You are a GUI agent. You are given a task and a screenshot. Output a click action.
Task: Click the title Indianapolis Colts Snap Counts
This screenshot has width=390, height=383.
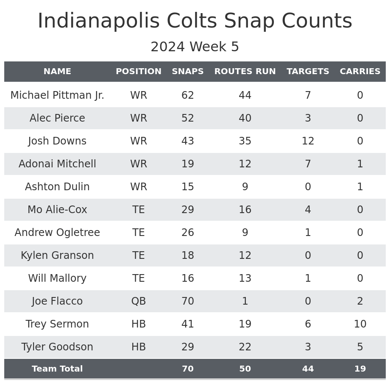click(x=195, y=21)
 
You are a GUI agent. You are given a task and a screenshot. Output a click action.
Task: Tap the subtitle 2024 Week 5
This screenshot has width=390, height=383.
click(x=195, y=47)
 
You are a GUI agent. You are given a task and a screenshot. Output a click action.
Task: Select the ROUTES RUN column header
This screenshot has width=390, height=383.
click(x=245, y=72)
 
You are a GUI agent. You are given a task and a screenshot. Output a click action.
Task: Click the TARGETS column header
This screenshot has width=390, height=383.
click(x=308, y=72)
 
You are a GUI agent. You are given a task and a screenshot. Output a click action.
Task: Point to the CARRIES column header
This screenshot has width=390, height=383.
click(x=360, y=72)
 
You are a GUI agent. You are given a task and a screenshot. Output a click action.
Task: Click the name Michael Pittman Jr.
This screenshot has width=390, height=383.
click(x=57, y=95)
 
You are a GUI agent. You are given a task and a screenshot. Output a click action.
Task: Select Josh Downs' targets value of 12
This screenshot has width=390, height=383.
click(x=308, y=141)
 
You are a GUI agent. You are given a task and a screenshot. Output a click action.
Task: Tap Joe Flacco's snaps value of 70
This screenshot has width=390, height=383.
click(x=187, y=301)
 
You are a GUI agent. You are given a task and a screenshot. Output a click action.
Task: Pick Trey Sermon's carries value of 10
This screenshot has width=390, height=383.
click(x=360, y=324)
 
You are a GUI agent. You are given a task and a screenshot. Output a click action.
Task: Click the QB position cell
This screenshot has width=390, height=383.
click(x=139, y=301)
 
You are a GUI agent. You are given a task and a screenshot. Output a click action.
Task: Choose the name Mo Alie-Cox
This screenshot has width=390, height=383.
click(x=57, y=210)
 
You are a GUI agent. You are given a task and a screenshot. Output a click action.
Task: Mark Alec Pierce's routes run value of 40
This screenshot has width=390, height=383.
click(x=245, y=118)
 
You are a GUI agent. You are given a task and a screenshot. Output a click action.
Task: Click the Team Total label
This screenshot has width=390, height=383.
click(x=57, y=369)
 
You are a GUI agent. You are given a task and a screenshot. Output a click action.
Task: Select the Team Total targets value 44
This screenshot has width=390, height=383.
click(x=308, y=369)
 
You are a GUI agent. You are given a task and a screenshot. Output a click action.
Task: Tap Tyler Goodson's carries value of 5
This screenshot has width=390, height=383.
click(x=360, y=347)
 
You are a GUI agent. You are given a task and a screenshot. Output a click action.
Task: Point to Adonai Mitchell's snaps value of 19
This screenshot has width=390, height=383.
click(x=187, y=164)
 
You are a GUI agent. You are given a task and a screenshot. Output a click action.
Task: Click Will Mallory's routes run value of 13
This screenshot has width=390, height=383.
click(x=245, y=278)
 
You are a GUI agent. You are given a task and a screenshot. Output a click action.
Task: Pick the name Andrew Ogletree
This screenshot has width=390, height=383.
click(x=57, y=233)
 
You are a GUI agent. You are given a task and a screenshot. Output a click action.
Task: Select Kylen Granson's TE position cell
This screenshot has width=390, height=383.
click(x=139, y=255)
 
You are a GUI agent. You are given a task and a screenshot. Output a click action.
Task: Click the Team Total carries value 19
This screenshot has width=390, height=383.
click(x=360, y=369)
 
